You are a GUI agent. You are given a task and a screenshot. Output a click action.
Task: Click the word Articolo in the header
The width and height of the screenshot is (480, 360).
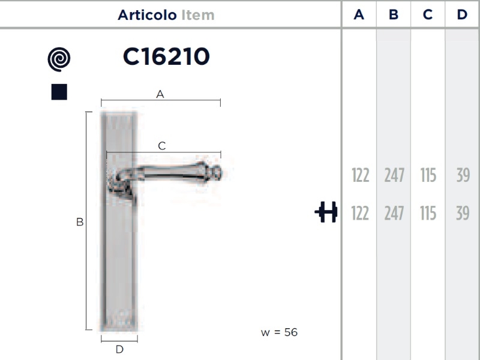click(147, 15)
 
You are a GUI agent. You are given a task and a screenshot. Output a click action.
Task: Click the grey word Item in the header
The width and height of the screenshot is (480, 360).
click(198, 15)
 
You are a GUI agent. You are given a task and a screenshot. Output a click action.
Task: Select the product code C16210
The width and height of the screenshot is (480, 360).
click(166, 56)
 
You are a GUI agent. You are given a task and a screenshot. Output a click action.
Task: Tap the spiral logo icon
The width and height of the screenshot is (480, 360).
click(59, 59)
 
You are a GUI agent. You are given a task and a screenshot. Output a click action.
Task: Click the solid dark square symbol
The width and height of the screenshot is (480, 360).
click(59, 92)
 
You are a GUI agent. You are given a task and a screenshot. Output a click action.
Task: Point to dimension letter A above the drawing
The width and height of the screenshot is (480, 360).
click(160, 94)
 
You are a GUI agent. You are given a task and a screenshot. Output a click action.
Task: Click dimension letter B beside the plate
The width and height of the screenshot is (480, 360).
click(80, 222)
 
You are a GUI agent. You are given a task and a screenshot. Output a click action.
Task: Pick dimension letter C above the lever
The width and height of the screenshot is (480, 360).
click(162, 146)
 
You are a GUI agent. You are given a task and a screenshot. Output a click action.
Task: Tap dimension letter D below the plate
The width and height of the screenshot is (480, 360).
click(119, 349)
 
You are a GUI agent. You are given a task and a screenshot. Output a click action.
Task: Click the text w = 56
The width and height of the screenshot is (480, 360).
click(279, 332)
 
